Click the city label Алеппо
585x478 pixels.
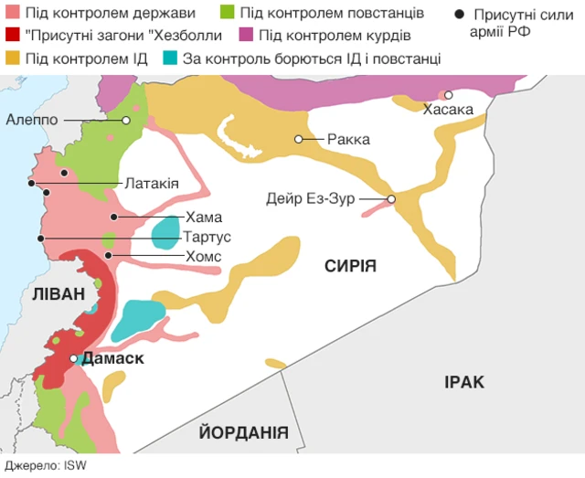[32, 120]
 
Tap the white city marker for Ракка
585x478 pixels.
[298, 139]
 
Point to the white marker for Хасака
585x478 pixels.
[448, 95]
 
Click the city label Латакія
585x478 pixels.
[152, 184]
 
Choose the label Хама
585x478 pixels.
[203, 218]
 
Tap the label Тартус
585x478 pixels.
[207, 237]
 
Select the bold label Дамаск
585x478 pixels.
[113, 358]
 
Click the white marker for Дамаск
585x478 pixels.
[74, 358]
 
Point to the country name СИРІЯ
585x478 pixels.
[350, 265]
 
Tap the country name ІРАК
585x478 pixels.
[464, 381]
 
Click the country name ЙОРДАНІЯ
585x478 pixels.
[244, 433]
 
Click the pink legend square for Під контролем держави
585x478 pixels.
[12, 14]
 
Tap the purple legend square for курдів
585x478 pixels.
[246, 36]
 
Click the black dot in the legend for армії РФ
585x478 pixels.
[459, 15]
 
